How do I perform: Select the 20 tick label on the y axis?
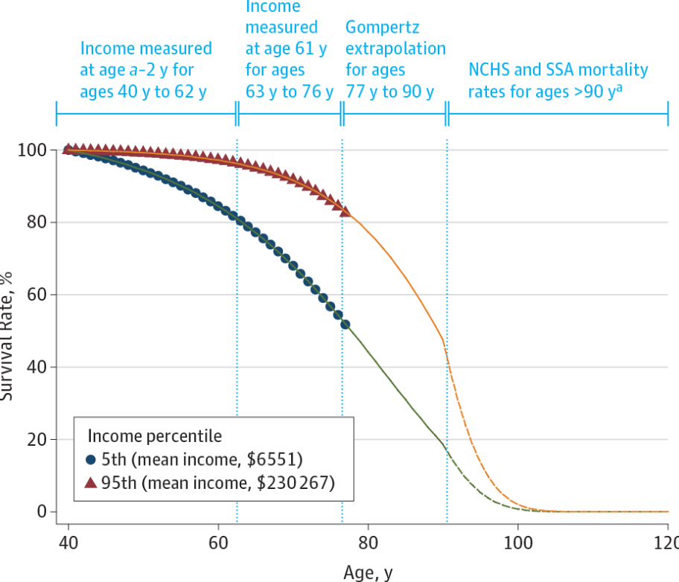[36, 439]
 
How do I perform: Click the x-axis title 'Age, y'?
[368, 572]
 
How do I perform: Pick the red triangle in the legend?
[91, 482]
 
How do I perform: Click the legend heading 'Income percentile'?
[155, 435]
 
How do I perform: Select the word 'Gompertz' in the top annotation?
[383, 28]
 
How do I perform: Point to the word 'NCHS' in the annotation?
[491, 70]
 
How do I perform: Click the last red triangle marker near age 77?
[345, 211]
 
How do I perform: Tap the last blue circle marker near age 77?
[345, 324]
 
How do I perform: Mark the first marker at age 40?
[68, 150]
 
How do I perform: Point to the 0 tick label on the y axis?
[42, 511]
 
